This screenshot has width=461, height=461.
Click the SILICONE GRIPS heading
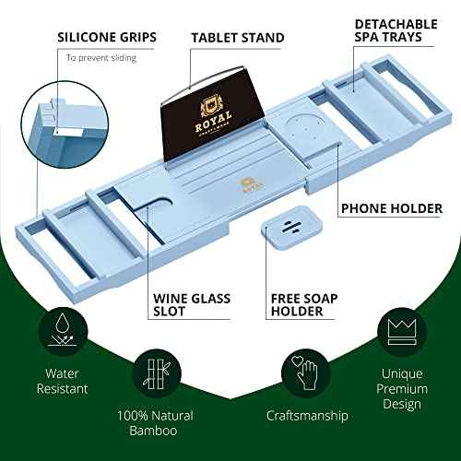[x=106, y=38]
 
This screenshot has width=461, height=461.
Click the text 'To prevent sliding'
[x=100, y=58]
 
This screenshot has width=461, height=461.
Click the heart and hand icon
[x=306, y=371]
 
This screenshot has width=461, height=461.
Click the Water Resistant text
[x=63, y=382]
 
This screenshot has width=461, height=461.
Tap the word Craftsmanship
[x=306, y=416]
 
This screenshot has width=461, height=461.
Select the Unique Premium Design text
[x=400, y=390]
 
